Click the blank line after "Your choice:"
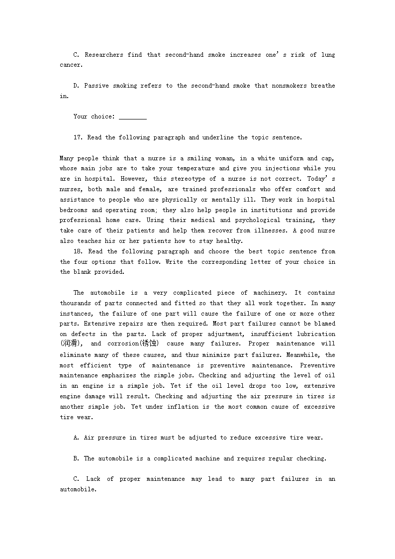tap(133, 117)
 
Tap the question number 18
tap(79, 251)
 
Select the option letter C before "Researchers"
tap(76, 55)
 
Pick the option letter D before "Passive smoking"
tap(76, 86)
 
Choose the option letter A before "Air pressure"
tap(76, 438)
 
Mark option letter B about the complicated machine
tap(76, 458)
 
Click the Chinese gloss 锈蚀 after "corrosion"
tap(148, 343)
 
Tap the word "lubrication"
tap(316, 334)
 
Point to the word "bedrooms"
tap(74, 210)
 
